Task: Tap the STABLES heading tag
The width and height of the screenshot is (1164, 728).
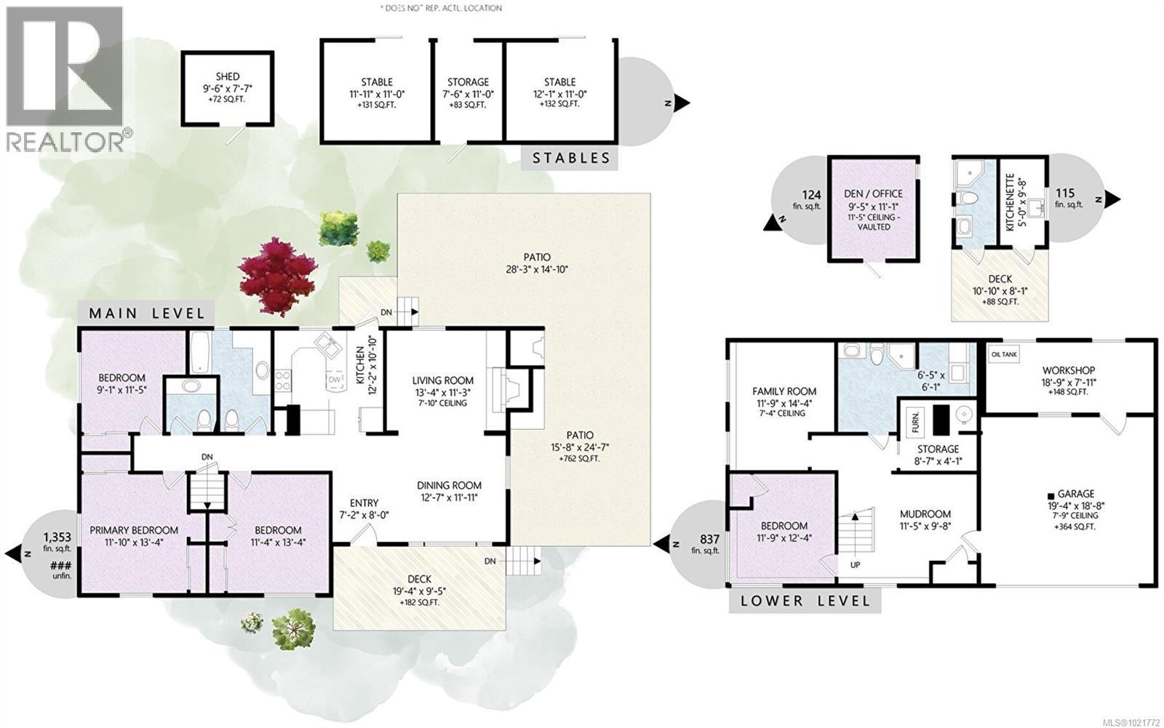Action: click(570, 158)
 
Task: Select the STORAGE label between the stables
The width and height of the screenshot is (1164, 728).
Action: click(468, 82)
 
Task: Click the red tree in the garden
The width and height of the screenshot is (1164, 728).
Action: click(277, 276)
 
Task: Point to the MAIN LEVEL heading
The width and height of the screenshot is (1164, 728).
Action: click(146, 313)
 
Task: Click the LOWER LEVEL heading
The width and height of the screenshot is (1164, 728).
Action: click(805, 601)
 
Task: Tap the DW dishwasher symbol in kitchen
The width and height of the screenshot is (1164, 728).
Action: click(334, 380)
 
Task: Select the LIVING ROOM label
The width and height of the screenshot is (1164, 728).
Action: click(442, 380)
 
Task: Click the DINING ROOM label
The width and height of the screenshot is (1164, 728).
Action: click(449, 486)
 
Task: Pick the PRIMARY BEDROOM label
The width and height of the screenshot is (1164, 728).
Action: click(134, 530)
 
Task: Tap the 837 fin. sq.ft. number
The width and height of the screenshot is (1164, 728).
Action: click(709, 539)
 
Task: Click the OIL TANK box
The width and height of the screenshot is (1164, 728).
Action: click(1005, 354)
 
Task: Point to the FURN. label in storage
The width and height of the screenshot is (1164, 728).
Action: click(915, 420)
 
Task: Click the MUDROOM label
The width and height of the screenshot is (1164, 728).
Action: click(925, 513)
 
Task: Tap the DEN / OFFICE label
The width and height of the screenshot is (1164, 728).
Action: click(874, 193)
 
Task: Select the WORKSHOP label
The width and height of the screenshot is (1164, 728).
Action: click(1068, 370)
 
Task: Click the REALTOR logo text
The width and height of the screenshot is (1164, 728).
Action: click(65, 141)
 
